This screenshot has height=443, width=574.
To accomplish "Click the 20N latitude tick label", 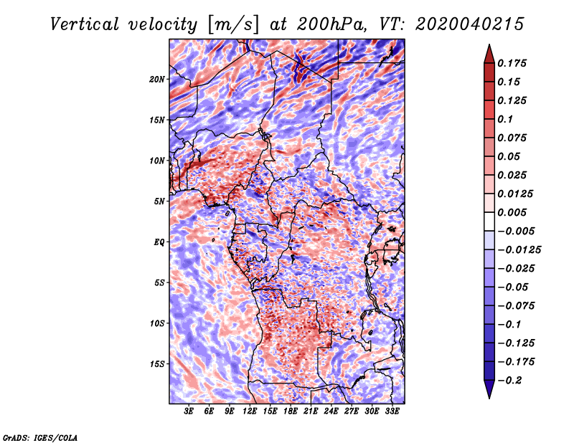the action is [x=157, y=80].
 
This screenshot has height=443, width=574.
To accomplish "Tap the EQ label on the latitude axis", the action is [x=159, y=242].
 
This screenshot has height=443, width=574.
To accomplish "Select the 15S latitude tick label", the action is [x=157, y=364].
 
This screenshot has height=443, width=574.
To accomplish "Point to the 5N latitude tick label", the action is [x=159, y=201].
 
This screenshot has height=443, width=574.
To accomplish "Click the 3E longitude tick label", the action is [x=189, y=411].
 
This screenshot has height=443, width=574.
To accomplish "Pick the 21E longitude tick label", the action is [x=311, y=411].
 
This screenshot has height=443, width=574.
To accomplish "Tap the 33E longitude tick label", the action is [x=392, y=411].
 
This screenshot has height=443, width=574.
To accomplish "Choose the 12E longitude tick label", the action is [x=249, y=411].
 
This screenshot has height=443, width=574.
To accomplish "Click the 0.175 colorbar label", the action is [x=512, y=63].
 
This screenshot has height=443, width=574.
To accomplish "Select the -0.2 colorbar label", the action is [x=509, y=381].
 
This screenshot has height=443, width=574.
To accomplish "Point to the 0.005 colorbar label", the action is [x=512, y=212].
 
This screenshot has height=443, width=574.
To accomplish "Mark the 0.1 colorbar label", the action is [x=505, y=119].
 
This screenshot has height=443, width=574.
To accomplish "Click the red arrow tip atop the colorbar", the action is [x=489, y=44].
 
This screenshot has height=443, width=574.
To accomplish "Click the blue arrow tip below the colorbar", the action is [x=489, y=398].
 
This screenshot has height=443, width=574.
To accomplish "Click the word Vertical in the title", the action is [x=85, y=24].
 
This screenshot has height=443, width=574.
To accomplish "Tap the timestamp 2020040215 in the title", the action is [x=469, y=24].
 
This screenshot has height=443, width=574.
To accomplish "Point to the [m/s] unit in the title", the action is [x=233, y=25].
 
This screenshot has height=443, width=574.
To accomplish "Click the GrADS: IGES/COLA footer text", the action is [x=40, y=437].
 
